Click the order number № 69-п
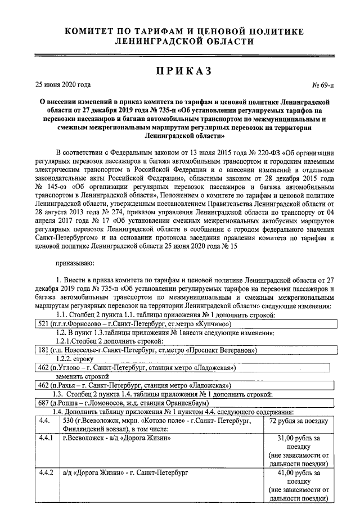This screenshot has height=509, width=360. pyautogui.click(x=322, y=86)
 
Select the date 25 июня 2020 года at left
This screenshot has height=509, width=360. pyautogui.click(x=63, y=85)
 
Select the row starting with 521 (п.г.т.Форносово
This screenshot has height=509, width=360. pyautogui.click(x=132, y=324)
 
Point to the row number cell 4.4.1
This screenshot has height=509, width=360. pyautogui.click(x=45, y=438)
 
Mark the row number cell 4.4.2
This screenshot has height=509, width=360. pyautogui.click(x=45, y=474)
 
